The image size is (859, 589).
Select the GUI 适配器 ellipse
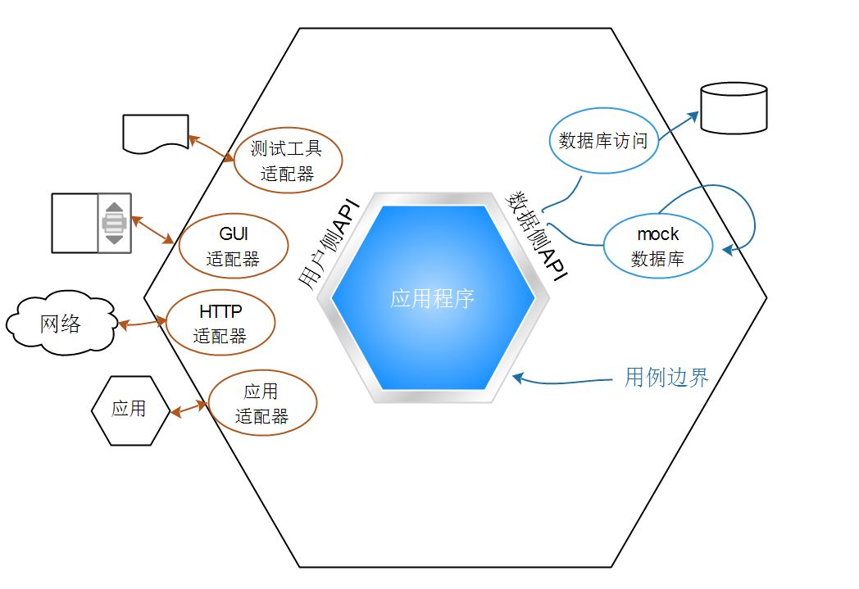click(x=233, y=247)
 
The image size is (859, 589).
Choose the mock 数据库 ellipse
click(x=657, y=246)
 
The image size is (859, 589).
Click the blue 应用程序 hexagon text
click(x=433, y=298)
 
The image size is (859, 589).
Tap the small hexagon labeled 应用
click(x=129, y=409)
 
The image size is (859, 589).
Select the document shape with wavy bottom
click(x=155, y=134)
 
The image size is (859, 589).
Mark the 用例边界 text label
click(x=666, y=377)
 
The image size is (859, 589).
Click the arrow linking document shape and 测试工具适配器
click(x=211, y=149)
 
